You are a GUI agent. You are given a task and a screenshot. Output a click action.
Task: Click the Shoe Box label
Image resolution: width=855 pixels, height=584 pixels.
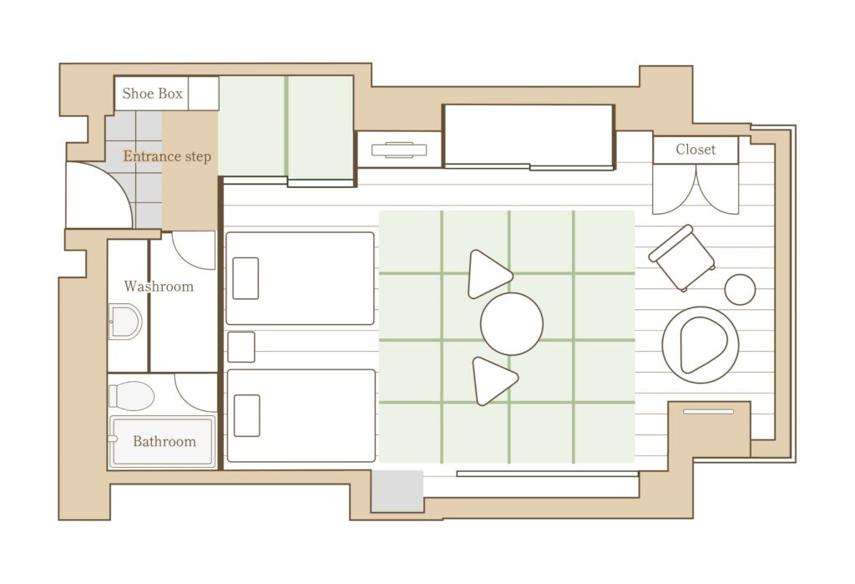coord(152,94)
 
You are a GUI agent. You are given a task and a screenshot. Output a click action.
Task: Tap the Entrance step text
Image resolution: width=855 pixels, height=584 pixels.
coord(167,156)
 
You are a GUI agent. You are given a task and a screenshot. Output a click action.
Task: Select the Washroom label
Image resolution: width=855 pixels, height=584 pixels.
coord(159,287)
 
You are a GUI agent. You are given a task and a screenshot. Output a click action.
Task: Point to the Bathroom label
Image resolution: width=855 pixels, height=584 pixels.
coord(164,441)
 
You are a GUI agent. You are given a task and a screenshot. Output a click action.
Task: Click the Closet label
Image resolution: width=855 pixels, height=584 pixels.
coord(696,150)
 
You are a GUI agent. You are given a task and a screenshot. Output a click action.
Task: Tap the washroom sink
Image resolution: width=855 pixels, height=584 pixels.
coord(125,322)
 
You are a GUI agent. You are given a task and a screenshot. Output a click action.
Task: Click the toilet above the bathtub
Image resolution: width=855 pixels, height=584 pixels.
coord(131,396)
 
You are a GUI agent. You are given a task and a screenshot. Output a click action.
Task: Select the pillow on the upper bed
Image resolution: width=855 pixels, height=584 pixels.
coord(245,278)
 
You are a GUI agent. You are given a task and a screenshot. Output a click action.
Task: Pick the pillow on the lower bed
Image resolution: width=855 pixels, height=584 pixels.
coord(246,416)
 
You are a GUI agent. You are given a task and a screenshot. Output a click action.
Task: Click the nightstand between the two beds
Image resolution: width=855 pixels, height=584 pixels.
coord(241,347)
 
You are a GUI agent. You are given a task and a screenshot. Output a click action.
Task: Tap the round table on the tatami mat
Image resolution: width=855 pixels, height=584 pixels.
coord(512,323)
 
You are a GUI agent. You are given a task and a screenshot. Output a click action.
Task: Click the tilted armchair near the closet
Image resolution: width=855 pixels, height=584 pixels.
coord(681,258)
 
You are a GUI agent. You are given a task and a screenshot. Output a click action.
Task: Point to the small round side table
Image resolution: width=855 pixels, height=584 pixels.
coord(740,289)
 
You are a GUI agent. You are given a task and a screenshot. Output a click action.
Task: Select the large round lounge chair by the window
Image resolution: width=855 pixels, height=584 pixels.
coord(701,344)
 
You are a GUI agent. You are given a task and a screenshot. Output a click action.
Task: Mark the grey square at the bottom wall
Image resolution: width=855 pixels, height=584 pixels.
coord(397,491)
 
